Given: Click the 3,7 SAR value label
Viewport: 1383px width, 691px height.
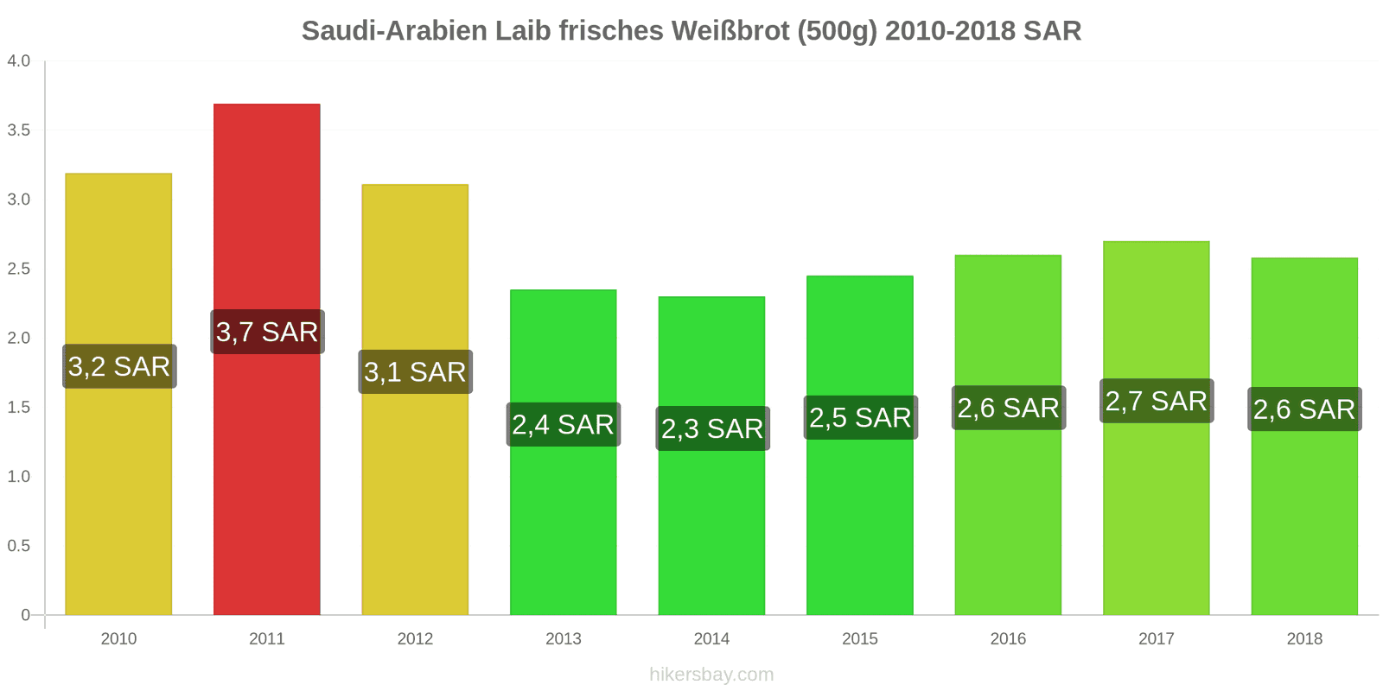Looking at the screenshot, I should pyautogui.click(x=267, y=332).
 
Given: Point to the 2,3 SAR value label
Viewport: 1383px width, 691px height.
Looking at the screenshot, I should pyautogui.click(x=712, y=428).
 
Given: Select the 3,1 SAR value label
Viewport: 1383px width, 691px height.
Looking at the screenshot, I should pyautogui.click(x=415, y=372).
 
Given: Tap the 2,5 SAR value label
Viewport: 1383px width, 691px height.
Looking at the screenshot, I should pyautogui.click(x=860, y=418).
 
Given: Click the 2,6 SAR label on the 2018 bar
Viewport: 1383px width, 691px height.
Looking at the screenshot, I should pyautogui.click(x=1304, y=409).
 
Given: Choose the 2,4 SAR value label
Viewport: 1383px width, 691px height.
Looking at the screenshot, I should pyautogui.click(x=563, y=425).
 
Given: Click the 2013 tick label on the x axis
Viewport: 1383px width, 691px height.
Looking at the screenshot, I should pyautogui.click(x=564, y=639).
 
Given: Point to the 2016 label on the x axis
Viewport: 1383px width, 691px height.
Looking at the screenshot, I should pyautogui.click(x=1008, y=639).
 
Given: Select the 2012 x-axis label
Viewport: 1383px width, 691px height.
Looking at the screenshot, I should pyautogui.click(x=415, y=639).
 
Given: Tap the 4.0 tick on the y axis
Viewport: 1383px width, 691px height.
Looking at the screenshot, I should pyautogui.click(x=18, y=61).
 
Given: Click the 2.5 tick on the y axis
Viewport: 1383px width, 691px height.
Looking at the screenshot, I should pyautogui.click(x=18, y=269).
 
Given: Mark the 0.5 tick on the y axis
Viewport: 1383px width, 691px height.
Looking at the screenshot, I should pyautogui.click(x=18, y=546).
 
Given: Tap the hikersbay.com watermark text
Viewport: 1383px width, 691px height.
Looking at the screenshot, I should pyautogui.click(x=711, y=675).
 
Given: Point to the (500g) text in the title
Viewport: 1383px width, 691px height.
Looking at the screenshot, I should pyautogui.click(x=837, y=31).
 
